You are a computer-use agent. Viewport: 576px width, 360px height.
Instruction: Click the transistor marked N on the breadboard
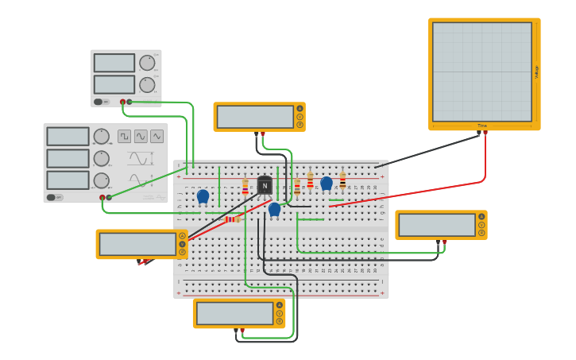click(x=265, y=185)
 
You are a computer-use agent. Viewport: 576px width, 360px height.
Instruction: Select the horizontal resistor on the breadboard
click(x=232, y=219)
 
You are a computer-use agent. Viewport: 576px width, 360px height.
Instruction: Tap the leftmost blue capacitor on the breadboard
click(x=203, y=195)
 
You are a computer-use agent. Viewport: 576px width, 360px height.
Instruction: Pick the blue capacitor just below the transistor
click(x=274, y=209)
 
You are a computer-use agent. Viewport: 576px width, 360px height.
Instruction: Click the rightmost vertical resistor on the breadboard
click(x=342, y=180)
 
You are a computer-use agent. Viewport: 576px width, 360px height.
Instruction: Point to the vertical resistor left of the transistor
click(x=245, y=187)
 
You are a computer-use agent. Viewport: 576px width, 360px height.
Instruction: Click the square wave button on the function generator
click(x=124, y=136)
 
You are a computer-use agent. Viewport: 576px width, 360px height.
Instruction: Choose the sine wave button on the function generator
click(x=141, y=136)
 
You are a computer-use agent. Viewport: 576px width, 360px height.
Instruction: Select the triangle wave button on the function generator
click(x=157, y=136)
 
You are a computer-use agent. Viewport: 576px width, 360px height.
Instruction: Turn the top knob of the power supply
click(x=147, y=63)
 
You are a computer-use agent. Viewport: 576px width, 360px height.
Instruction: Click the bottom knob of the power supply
click(x=147, y=84)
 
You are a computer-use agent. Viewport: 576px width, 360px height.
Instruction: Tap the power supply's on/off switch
click(x=99, y=102)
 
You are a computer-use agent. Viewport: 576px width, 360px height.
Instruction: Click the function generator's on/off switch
click(x=51, y=197)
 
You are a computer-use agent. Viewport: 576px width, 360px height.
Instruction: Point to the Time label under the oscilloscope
click(x=481, y=126)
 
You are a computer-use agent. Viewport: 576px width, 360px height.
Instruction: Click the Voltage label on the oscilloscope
click(x=536, y=72)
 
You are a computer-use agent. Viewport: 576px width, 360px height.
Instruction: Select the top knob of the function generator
click(x=101, y=137)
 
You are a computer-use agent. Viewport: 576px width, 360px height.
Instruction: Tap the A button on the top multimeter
click(x=300, y=109)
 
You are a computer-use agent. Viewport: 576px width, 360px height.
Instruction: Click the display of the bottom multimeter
click(x=234, y=313)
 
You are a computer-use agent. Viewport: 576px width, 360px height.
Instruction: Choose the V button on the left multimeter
click(x=182, y=244)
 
